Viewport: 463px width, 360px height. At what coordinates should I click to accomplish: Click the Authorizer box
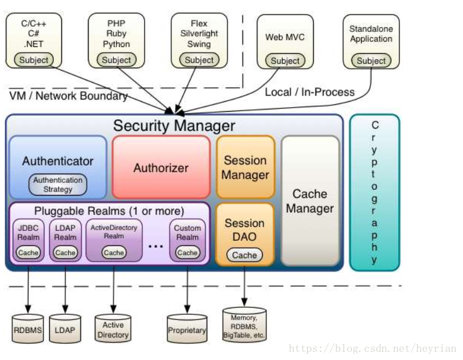point(161,168)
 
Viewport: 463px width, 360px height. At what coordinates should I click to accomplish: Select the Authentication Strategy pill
point(57,185)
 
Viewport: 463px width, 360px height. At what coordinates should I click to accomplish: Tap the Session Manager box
point(245,167)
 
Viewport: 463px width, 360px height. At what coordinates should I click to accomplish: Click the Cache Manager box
point(310,201)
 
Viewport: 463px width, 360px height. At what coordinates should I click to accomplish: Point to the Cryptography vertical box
point(374,192)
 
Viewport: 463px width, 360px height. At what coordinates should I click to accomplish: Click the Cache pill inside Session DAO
point(244,255)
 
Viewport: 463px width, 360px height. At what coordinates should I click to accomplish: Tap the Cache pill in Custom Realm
point(188,253)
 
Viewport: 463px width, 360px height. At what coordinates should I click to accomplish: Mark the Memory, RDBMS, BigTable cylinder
point(244,325)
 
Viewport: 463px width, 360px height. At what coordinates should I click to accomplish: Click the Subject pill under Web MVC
point(285,61)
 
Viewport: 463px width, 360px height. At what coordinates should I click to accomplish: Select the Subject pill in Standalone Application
point(371,61)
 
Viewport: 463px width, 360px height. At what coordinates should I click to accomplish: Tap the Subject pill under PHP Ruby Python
point(116,60)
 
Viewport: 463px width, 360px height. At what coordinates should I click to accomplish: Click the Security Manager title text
point(174,126)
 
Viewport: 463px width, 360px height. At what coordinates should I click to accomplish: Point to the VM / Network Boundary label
point(68,95)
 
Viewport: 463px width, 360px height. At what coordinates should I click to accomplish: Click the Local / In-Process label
point(310,92)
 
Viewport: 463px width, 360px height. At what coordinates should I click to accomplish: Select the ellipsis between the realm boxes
point(156,246)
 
